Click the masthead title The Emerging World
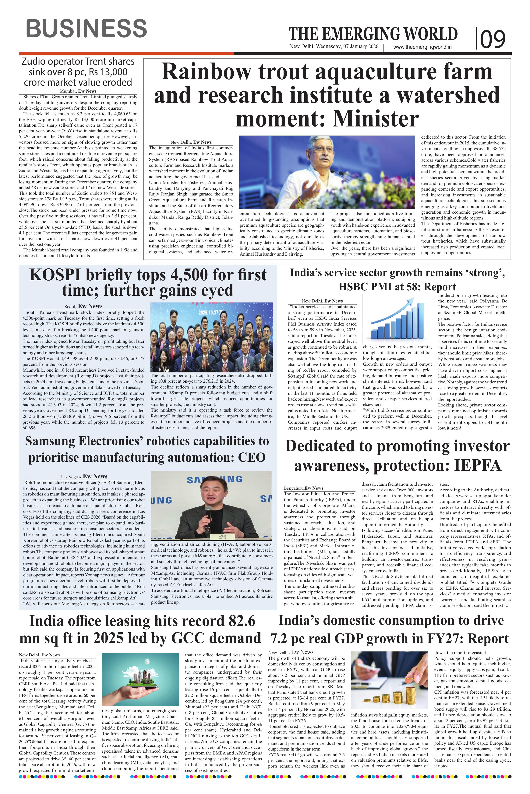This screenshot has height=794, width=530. tap(373, 34)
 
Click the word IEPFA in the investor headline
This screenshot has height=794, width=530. tap(477, 465)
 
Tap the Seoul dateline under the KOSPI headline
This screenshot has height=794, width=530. tap(70, 306)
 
